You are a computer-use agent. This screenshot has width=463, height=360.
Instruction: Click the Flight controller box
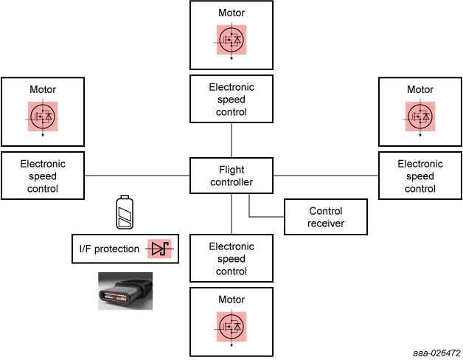point(231,176)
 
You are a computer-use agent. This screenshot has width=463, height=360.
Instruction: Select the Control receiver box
point(326,218)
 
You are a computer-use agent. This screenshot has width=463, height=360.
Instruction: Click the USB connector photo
point(125,291)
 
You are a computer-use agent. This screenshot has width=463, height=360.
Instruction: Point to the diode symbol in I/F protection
point(161,249)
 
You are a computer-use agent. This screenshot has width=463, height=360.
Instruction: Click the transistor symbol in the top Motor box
point(231,39)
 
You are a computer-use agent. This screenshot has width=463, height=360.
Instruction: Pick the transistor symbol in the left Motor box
point(43,116)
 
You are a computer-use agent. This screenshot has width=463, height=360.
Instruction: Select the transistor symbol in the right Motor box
point(420,116)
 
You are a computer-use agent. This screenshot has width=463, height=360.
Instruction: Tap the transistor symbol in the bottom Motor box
point(231,326)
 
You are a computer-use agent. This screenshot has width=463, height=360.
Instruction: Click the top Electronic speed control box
point(231,99)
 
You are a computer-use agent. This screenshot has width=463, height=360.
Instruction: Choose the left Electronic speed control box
point(43,176)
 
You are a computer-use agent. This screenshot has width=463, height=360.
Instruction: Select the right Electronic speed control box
point(420,176)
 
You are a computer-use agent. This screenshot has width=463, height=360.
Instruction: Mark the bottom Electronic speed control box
point(231,258)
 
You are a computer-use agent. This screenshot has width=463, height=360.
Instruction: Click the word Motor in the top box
point(231,13)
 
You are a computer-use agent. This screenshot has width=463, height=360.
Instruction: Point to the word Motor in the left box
point(43,89)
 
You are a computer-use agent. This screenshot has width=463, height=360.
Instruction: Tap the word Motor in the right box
point(420,89)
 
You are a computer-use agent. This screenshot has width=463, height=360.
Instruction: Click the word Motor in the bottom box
point(231,300)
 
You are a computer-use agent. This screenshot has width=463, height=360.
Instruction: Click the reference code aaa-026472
point(436,353)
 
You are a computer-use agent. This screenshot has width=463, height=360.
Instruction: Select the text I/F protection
point(109,249)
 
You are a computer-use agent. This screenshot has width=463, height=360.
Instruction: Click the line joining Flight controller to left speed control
point(137,176)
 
